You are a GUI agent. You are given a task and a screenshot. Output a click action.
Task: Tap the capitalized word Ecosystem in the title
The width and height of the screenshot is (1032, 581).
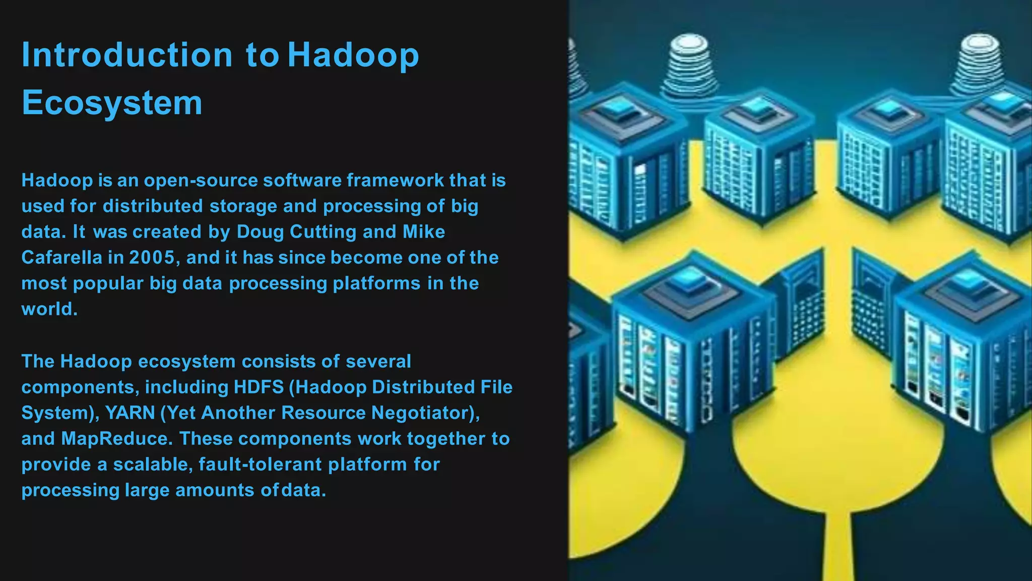[112, 102]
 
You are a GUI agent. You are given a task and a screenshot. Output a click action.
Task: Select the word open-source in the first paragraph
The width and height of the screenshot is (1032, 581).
[201, 180]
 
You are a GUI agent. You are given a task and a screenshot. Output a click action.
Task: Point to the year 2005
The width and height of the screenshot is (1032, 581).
[151, 258]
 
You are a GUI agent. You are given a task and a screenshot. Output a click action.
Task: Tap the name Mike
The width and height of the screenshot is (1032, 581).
[424, 232]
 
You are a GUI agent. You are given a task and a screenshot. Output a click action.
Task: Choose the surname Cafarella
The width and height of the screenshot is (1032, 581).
[61, 258]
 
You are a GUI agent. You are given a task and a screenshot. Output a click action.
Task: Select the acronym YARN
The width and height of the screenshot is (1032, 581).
[130, 413]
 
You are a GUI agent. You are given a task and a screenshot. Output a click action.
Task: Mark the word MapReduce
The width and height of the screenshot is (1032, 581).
[114, 438]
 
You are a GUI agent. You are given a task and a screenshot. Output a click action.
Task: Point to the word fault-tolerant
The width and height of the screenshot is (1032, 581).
[260, 464]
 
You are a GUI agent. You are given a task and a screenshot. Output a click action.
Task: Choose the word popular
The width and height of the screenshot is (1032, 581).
[108, 283]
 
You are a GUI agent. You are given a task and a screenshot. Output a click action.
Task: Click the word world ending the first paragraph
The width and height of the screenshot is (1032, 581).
[48, 309]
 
